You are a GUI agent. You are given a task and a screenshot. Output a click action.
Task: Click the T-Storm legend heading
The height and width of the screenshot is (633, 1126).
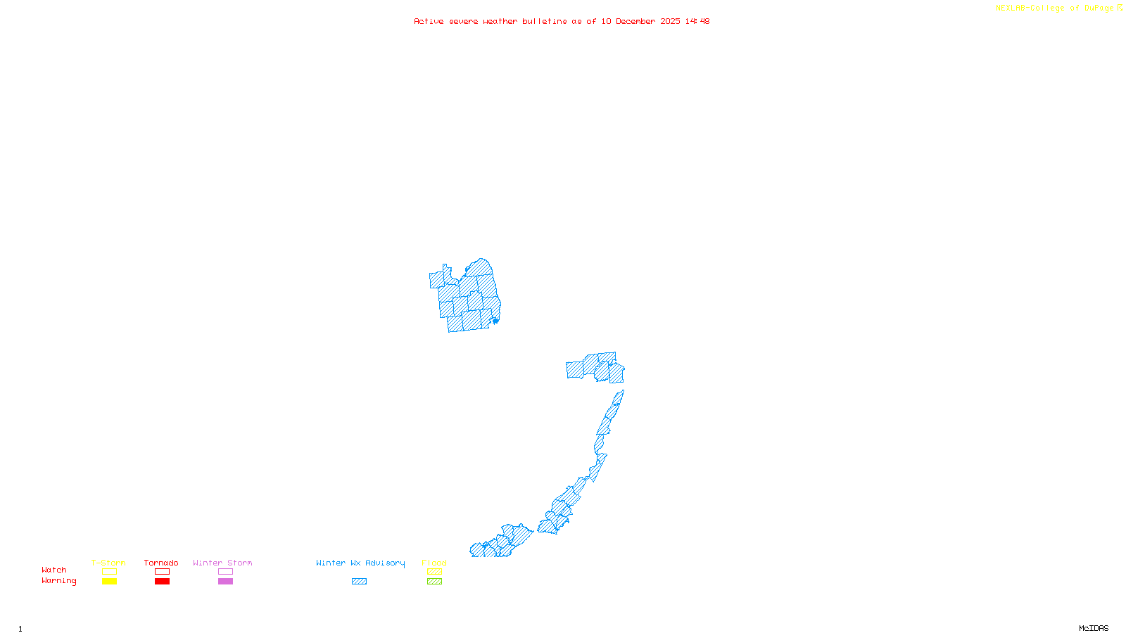(x=108, y=563)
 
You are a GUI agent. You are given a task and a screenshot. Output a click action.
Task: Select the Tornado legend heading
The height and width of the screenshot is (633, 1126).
(x=161, y=563)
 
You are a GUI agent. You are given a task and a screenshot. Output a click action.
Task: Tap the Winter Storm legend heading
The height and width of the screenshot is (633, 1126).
(x=222, y=563)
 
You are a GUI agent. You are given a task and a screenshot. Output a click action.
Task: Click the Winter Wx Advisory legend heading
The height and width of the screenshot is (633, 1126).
(x=360, y=563)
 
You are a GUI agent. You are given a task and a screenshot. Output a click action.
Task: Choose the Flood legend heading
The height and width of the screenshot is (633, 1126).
(x=434, y=563)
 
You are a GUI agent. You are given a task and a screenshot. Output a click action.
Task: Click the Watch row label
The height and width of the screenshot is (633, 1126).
(x=54, y=570)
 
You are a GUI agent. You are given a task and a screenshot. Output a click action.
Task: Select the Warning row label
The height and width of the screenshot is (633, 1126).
(x=58, y=581)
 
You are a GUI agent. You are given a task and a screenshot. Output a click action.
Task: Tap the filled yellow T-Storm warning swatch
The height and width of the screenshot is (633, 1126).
(x=109, y=582)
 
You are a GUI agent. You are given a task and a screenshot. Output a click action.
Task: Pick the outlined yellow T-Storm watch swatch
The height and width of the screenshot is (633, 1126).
(x=109, y=572)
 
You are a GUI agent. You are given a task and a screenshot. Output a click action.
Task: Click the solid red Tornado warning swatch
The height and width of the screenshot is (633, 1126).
(x=162, y=582)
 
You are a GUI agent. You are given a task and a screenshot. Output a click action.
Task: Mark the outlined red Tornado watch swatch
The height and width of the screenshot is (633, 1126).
(x=162, y=572)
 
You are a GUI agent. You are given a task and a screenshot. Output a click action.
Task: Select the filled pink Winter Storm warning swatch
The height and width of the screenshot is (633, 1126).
(x=225, y=582)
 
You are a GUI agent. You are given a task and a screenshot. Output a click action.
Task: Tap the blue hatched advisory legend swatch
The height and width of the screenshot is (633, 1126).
(x=359, y=582)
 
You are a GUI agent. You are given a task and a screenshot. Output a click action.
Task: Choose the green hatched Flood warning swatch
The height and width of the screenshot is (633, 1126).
(x=434, y=582)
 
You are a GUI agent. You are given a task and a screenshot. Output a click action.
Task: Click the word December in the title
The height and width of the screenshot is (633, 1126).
(x=635, y=21)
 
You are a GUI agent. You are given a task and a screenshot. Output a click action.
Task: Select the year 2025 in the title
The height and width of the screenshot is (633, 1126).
(x=670, y=21)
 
